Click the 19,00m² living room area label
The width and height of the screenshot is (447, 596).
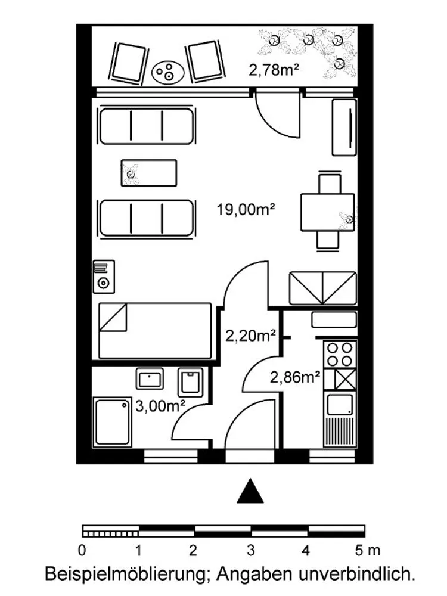coord(246,209)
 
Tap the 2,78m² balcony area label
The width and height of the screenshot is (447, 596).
coord(274,70)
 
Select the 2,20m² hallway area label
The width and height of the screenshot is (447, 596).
coord(250,336)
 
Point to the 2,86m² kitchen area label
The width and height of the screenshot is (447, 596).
coord(295,377)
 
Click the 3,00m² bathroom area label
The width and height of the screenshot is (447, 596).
coord(160,406)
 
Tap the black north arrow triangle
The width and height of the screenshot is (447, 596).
coord(250,491)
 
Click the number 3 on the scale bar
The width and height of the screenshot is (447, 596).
coord(250,550)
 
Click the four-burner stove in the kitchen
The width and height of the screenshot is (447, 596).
coord(340,354)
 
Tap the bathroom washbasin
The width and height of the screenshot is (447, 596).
coord(150,379)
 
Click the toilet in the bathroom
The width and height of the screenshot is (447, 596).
coord(191,382)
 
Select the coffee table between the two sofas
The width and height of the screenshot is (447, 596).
coord(149,173)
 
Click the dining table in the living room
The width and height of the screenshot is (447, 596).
coord(327,213)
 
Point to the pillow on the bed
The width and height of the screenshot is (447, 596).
coord(113,317)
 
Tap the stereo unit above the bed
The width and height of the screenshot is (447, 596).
coord(104,277)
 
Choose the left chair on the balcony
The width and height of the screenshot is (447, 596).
coord(129,63)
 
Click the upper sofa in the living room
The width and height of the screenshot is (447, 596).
coord(147,126)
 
